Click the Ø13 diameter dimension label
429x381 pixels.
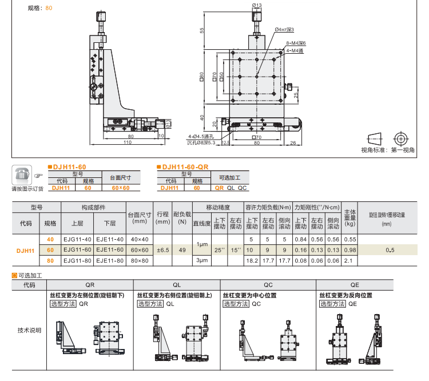coord(256,5)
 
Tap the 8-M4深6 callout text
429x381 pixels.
coord(296,43)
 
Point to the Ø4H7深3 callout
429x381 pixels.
coord(286,29)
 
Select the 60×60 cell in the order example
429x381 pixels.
coord(120,187)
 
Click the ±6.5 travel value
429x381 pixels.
coord(163,250)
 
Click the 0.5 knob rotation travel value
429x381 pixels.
coord(389,250)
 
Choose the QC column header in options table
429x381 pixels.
coord(268,284)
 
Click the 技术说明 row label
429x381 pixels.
coord(30,330)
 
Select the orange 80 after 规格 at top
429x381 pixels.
coord(49,9)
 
